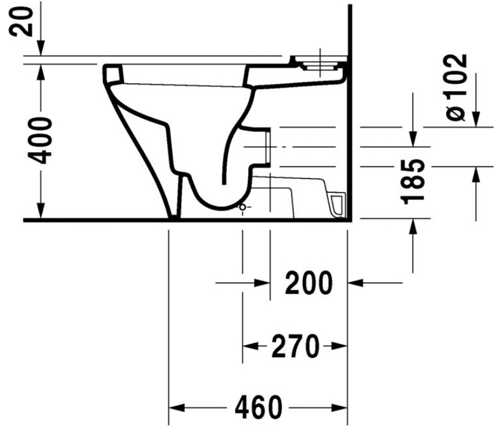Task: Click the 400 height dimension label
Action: (x=40, y=140)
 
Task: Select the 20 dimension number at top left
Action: (x=21, y=22)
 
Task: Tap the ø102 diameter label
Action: (x=456, y=87)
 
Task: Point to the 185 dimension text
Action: (x=413, y=181)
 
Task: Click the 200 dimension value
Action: (x=309, y=283)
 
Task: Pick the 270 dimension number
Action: (x=295, y=346)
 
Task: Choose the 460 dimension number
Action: (x=258, y=407)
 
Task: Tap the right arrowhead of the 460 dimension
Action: (x=339, y=407)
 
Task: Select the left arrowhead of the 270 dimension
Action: (x=250, y=346)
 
